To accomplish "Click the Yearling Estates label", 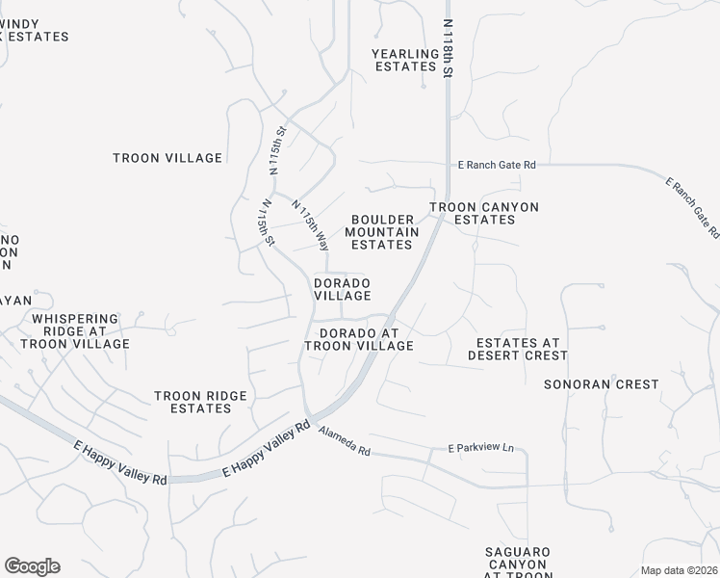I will [405, 60].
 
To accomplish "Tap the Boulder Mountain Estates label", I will [382, 232].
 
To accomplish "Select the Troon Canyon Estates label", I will [483, 213].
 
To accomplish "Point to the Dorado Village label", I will [342, 289].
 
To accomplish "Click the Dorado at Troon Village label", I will [359, 339].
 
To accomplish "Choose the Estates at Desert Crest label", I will [517, 349].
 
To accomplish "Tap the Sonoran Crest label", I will [601, 384].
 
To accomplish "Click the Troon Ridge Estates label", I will [201, 402].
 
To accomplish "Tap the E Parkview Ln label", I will [481, 449].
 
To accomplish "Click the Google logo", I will [32, 566].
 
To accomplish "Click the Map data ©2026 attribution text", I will [679, 570].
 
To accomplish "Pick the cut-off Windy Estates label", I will [35, 29].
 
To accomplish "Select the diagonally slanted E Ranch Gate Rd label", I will [692, 207].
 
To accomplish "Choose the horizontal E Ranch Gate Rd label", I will [496, 166].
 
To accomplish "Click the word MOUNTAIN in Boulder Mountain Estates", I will [382, 232].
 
